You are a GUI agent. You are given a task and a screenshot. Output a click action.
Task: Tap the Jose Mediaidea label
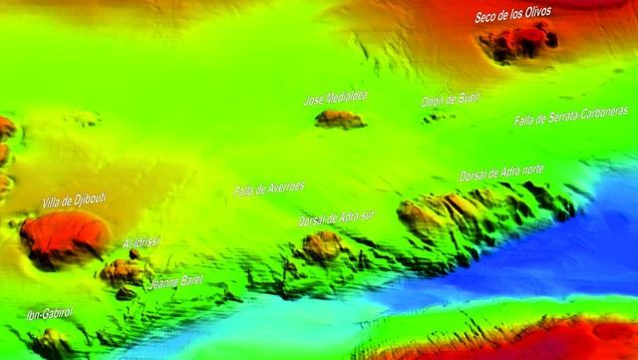tap(335, 98)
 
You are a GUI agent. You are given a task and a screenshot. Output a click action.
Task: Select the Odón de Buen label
tap(450, 99)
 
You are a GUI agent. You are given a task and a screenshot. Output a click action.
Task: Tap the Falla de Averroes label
tap(269, 187)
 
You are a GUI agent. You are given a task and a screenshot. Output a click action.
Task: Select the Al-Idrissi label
tap(141, 241)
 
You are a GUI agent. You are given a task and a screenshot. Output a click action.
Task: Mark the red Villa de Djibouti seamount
tap(64, 238)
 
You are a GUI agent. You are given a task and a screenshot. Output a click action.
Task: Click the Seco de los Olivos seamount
tap(517, 42)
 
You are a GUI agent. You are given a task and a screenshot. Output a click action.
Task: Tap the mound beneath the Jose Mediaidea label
tap(339, 119)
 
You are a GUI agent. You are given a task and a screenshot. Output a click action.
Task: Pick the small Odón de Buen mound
tap(435, 117)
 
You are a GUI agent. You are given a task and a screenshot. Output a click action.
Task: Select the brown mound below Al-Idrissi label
tap(124, 270)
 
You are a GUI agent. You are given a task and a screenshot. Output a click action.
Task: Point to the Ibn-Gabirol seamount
tap(50, 343)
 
